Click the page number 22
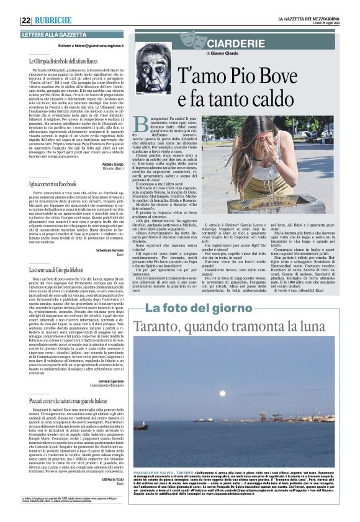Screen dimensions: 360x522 26,20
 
